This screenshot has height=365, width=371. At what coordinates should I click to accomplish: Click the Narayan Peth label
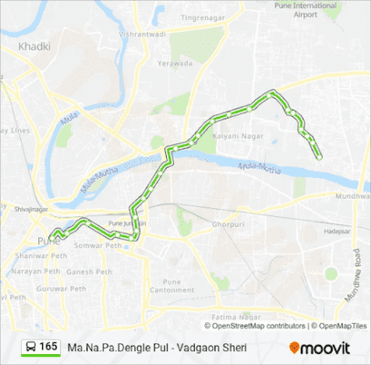click(x=39, y=271)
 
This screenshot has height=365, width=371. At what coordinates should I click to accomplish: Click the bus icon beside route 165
click(x=30, y=348)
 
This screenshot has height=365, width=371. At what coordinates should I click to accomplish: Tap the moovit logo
click(x=319, y=348)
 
